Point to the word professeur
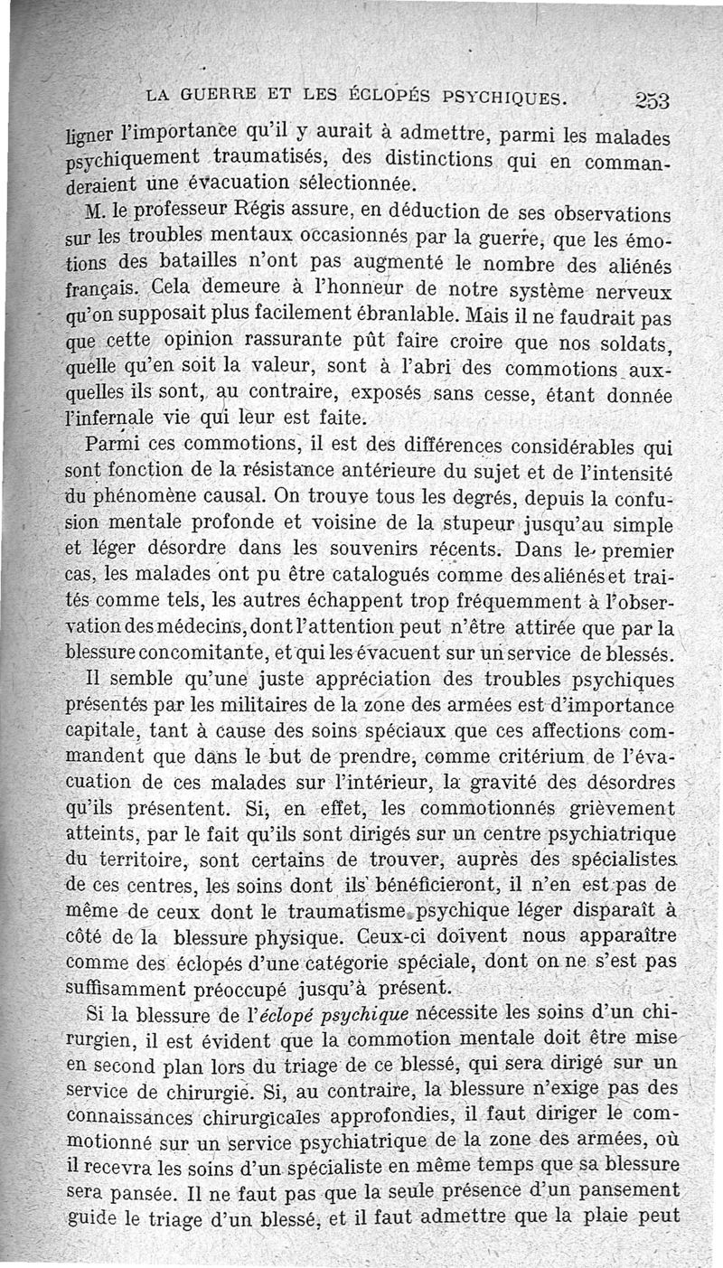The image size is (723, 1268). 165,212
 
